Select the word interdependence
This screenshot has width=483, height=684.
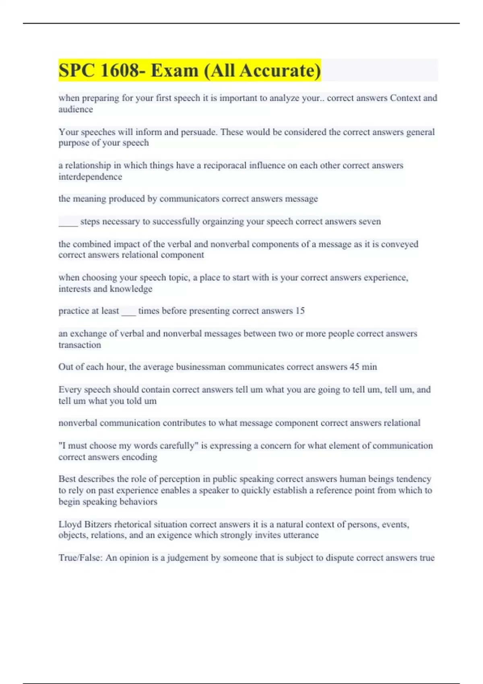point(90,177)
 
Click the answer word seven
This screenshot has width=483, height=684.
point(369,221)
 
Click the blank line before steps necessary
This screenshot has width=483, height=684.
point(68,222)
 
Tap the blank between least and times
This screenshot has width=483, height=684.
point(129,311)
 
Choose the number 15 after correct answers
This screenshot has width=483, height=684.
point(300,311)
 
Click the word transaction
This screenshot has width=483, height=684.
point(80,345)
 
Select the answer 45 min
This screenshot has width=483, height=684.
point(363,367)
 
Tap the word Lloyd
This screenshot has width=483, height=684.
point(70,524)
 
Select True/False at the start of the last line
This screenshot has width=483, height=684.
point(80,558)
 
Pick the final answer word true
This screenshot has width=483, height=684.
point(427,558)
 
